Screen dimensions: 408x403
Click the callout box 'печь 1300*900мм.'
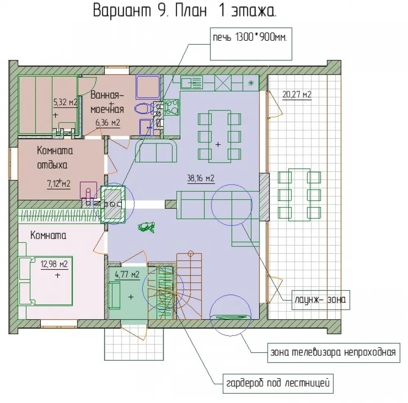point(251,44)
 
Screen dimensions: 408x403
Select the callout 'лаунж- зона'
point(321,300)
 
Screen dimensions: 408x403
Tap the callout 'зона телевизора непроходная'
point(334,352)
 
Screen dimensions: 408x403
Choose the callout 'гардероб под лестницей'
point(278,383)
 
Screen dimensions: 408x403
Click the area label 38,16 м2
point(201,178)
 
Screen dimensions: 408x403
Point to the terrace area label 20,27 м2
point(297,94)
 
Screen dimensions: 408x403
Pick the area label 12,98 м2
point(54,264)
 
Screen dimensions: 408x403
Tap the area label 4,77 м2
point(127,275)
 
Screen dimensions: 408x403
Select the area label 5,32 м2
point(65,102)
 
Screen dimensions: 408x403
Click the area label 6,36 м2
point(108,122)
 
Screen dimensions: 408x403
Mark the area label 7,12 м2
point(58,184)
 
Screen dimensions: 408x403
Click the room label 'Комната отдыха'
point(55,157)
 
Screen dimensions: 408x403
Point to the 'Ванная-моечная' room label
point(107,102)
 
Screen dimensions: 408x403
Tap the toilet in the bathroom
point(144,108)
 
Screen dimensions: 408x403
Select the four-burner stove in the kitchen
point(171,107)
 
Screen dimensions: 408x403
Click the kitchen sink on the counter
point(192,83)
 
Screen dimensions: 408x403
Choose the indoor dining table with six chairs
point(220,137)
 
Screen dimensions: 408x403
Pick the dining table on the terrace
point(299,195)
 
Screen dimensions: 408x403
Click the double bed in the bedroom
point(46,281)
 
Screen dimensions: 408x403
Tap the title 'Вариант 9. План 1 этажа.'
point(185,11)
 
